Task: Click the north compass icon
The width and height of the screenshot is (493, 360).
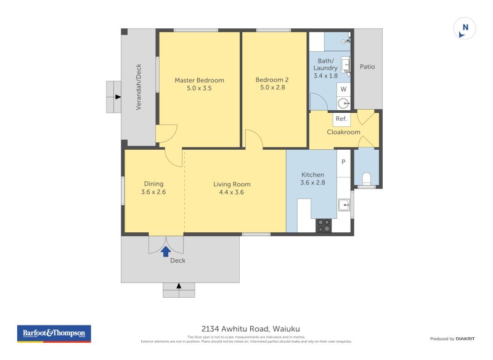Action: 465,28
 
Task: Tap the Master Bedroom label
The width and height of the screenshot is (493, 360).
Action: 199,80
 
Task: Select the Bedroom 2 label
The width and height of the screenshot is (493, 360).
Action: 272,80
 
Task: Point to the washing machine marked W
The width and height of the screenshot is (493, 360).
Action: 343,89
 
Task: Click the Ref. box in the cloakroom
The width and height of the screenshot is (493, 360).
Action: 341,118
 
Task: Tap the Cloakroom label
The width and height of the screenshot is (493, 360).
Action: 343,131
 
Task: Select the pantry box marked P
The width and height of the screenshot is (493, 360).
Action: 343,162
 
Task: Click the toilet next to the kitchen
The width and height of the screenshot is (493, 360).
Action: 366,178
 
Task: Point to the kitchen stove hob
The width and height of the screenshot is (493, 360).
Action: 324,226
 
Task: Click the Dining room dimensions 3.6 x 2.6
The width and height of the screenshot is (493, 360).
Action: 153,192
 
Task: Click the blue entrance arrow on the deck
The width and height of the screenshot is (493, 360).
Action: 165,250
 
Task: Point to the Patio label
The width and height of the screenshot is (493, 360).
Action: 367,67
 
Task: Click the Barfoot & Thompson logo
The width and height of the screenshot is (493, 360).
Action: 54,333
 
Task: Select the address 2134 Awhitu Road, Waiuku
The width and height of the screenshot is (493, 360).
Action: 246,329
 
